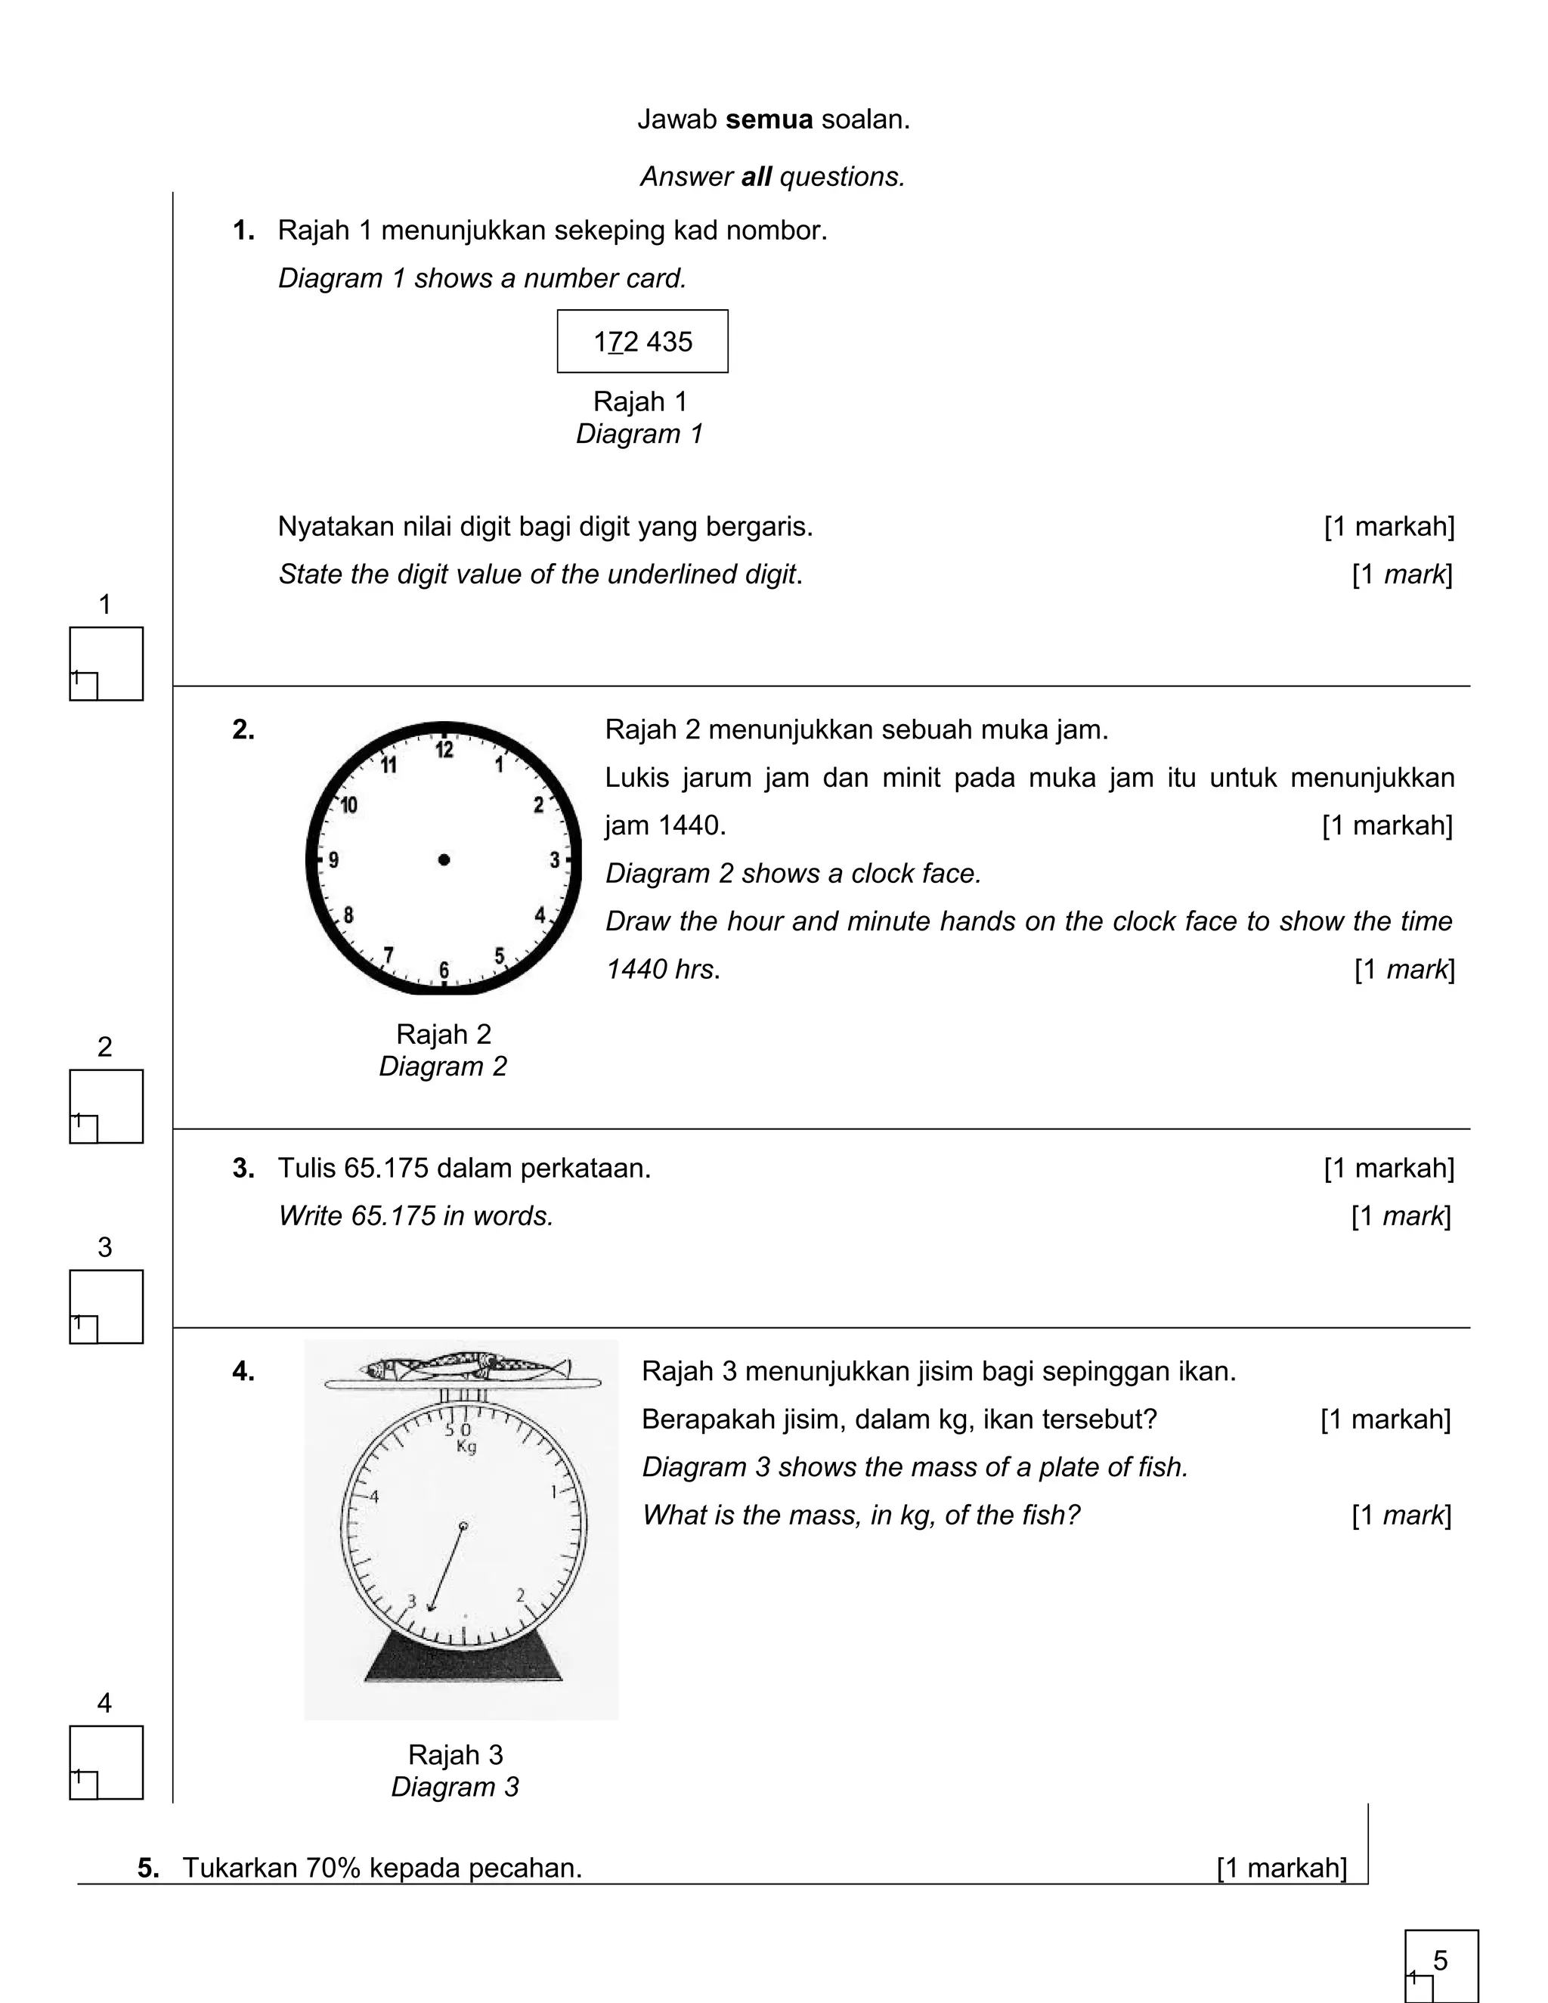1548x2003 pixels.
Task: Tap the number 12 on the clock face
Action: tap(444, 751)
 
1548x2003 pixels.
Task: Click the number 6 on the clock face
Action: tap(444, 970)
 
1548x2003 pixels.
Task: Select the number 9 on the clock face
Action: tap(334, 860)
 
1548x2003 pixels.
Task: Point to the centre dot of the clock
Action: tap(444, 859)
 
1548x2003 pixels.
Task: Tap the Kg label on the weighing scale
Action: tap(466, 1447)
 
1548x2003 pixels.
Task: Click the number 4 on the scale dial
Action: tap(374, 1496)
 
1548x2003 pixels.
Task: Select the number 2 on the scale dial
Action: tap(520, 1595)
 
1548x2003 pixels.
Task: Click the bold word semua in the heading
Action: tap(769, 120)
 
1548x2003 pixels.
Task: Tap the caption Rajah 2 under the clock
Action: tap(444, 1035)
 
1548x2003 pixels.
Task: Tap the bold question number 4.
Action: tap(243, 1372)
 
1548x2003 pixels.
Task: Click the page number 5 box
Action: tap(1441, 1965)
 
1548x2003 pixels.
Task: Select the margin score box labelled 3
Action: tap(107, 1306)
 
